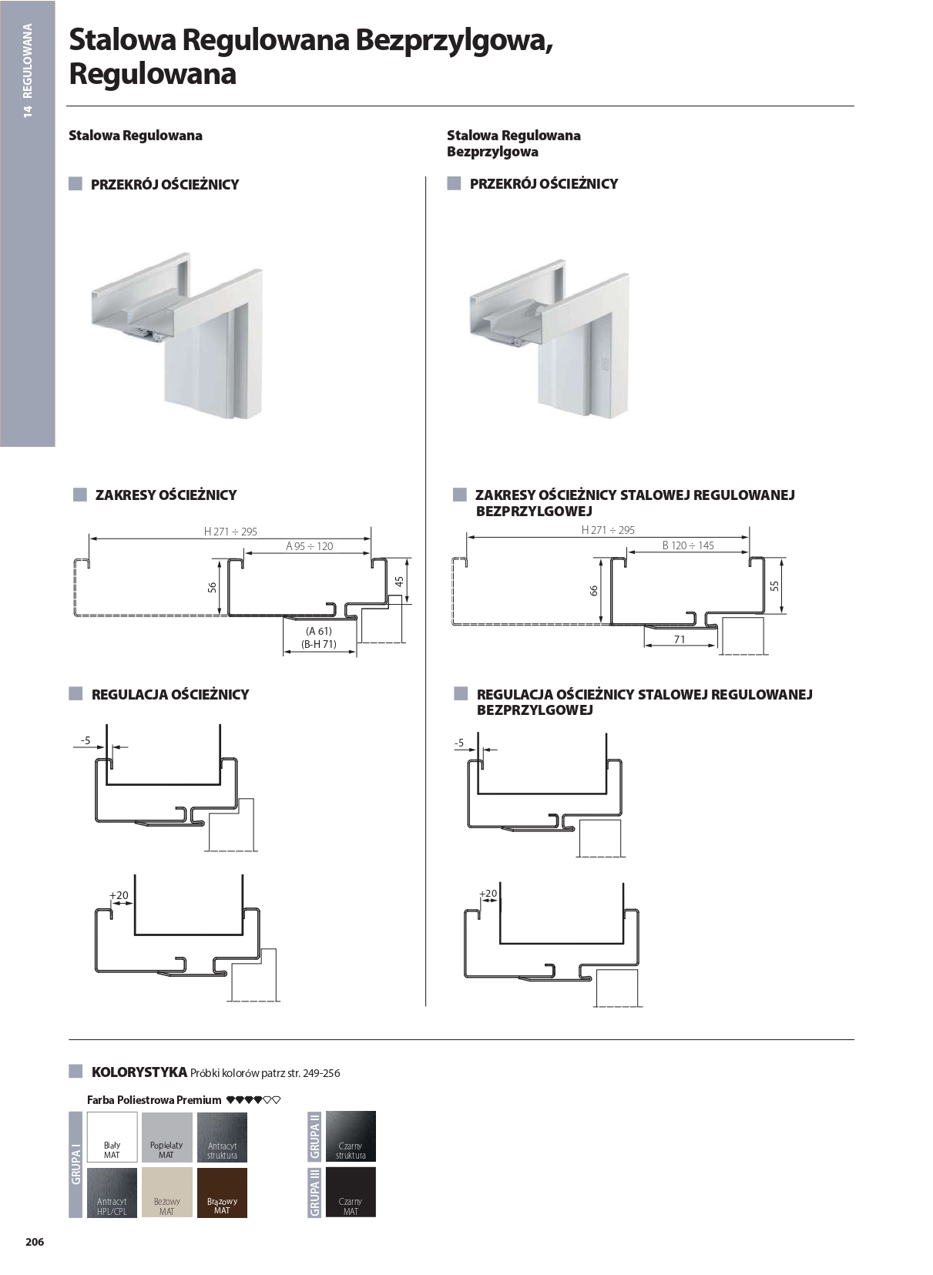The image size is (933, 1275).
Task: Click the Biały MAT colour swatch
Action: [112, 1136]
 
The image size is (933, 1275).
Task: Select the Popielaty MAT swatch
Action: [167, 1136]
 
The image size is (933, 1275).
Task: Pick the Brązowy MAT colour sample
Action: [222, 1192]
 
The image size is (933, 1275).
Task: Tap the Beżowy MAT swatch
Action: [167, 1192]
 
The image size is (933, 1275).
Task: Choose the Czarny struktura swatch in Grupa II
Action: [351, 1136]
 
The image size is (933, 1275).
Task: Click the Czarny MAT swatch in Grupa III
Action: [351, 1192]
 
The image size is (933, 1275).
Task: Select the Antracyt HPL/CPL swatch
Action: [112, 1192]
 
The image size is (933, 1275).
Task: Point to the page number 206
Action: [35, 1242]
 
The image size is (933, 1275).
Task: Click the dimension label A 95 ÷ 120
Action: [309, 546]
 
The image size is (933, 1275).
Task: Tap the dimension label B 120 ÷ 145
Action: [688, 545]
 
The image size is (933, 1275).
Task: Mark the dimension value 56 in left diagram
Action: [213, 587]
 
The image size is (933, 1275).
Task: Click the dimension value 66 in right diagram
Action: [593, 590]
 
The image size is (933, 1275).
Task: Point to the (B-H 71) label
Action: [318, 644]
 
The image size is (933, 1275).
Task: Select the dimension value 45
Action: [399, 582]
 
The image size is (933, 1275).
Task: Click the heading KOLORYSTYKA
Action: [139, 1072]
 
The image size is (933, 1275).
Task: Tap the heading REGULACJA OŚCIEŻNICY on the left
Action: [169, 694]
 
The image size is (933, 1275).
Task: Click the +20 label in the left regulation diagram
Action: [119, 895]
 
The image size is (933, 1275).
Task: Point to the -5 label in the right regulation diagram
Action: [459, 743]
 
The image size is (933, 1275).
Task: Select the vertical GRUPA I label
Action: [76, 1164]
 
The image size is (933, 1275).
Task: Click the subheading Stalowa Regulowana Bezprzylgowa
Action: [513, 143]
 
